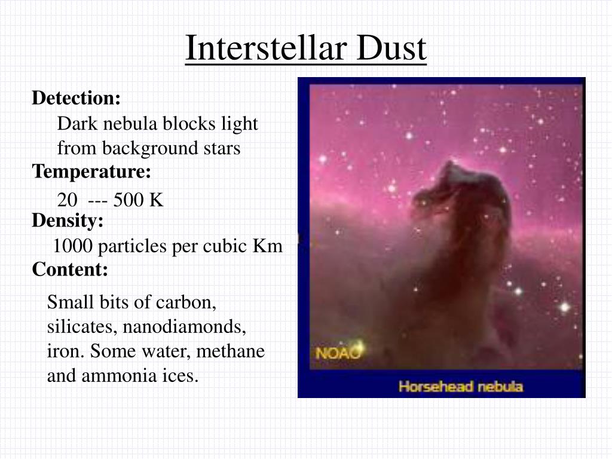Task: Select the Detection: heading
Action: (x=76, y=98)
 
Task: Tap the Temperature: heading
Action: (x=91, y=172)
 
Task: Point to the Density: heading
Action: (x=68, y=221)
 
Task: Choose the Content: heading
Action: (x=70, y=270)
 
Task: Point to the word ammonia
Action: (x=127, y=377)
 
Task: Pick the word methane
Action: (x=231, y=351)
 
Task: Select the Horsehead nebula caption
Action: (x=460, y=387)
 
